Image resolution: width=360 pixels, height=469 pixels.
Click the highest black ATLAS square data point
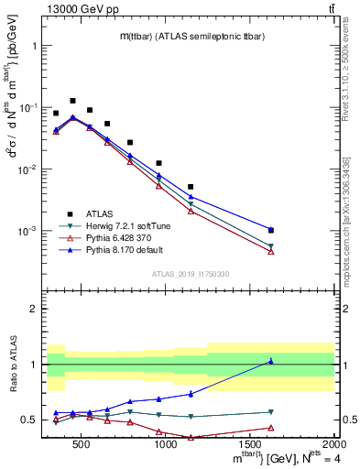72,101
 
